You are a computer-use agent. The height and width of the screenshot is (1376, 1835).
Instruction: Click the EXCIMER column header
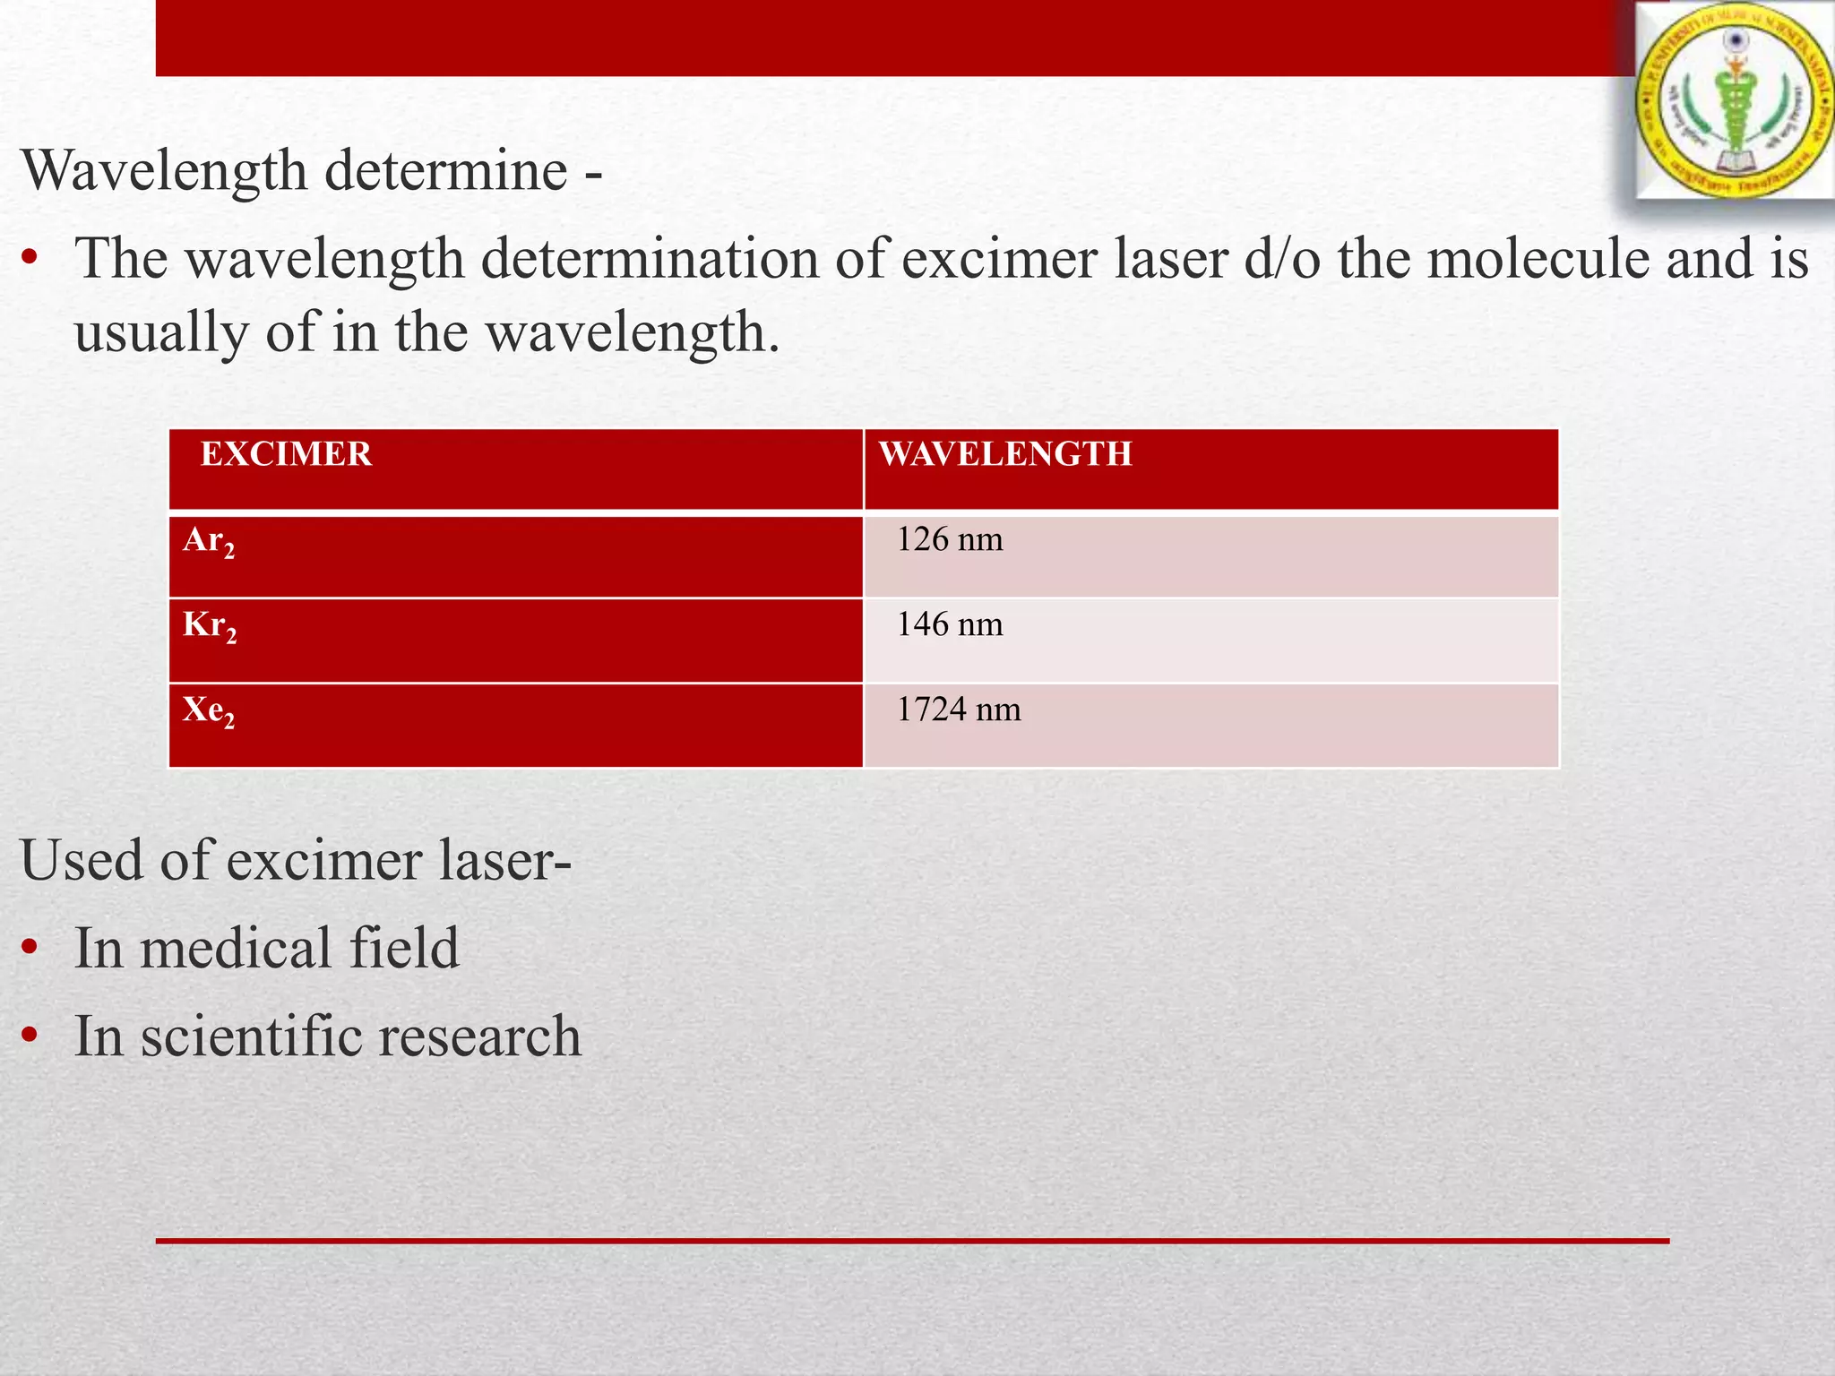[x=286, y=454]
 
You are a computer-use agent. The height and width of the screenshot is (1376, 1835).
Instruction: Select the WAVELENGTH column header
[x=1005, y=454]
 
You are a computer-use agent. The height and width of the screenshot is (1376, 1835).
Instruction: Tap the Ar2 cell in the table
[x=209, y=541]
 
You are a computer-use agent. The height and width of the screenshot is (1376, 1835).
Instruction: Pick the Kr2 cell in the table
[x=210, y=625]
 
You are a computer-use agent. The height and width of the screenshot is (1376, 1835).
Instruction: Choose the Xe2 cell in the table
[x=209, y=710]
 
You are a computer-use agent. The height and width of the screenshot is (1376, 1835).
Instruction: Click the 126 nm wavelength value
[x=950, y=539]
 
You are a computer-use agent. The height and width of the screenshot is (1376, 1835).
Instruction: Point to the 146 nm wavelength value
[x=950, y=624]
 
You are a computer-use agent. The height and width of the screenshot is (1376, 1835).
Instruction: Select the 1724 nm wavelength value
[x=959, y=709]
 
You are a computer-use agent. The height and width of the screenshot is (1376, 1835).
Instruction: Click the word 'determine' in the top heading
[x=445, y=170]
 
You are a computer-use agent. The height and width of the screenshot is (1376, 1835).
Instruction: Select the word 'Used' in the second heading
[x=82, y=860]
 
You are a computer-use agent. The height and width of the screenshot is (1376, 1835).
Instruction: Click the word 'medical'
[x=237, y=949]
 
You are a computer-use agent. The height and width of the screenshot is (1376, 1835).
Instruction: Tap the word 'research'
[x=479, y=1036]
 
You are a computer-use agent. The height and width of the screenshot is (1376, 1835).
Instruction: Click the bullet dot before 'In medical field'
[x=30, y=949]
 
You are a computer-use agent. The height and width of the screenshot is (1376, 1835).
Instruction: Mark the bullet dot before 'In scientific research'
[x=30, y=1036]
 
